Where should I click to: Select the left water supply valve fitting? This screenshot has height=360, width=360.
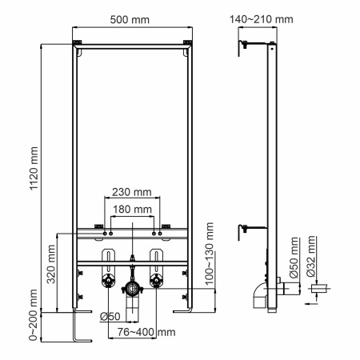pyautogui.click(x=104, y=282)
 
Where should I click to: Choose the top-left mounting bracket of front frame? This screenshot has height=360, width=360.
pyautogui.click(x=78, y=43)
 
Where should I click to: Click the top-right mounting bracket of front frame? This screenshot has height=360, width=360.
pyautogui.click(x=188, y=43)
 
